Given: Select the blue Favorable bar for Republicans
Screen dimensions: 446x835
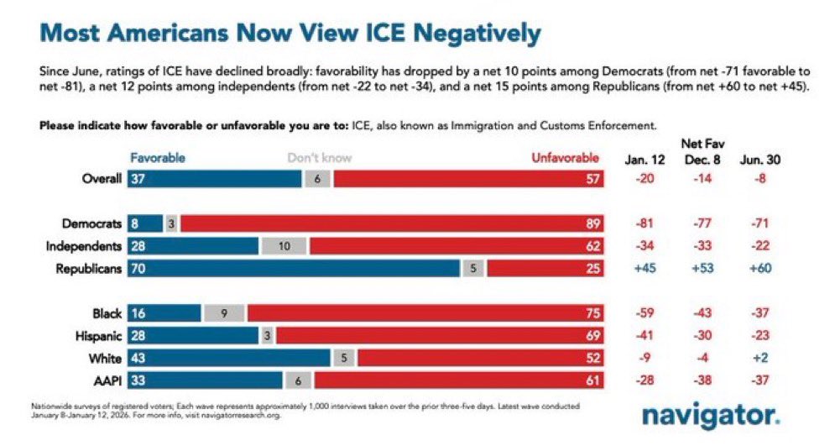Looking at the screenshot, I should [294, 270].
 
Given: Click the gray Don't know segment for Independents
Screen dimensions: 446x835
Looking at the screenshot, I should [284, 246].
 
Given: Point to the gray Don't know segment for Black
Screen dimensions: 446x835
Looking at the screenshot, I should [223, 313].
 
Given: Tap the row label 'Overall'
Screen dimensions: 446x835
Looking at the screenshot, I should [102, 179].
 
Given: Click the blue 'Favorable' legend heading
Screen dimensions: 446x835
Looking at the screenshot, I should [158, 158].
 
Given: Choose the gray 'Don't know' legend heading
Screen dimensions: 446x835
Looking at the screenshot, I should [320, 158].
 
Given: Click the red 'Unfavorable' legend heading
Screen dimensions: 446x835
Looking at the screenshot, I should [565, 158].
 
